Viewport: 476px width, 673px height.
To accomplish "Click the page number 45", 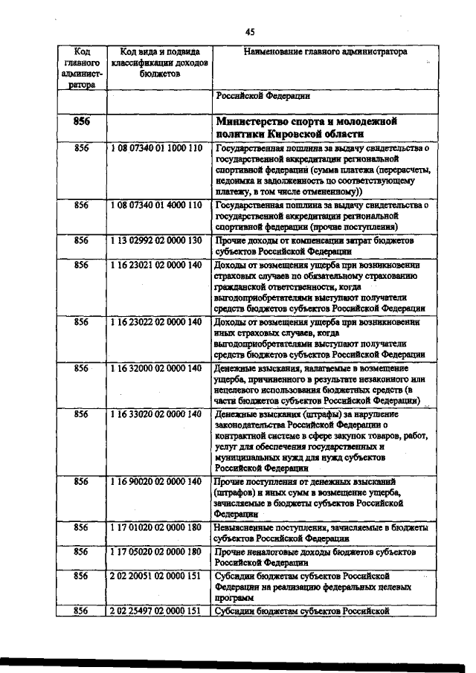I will [249, 30].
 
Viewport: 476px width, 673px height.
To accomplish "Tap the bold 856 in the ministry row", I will [82, 121].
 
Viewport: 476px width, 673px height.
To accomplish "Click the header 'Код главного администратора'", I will [82, 68].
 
